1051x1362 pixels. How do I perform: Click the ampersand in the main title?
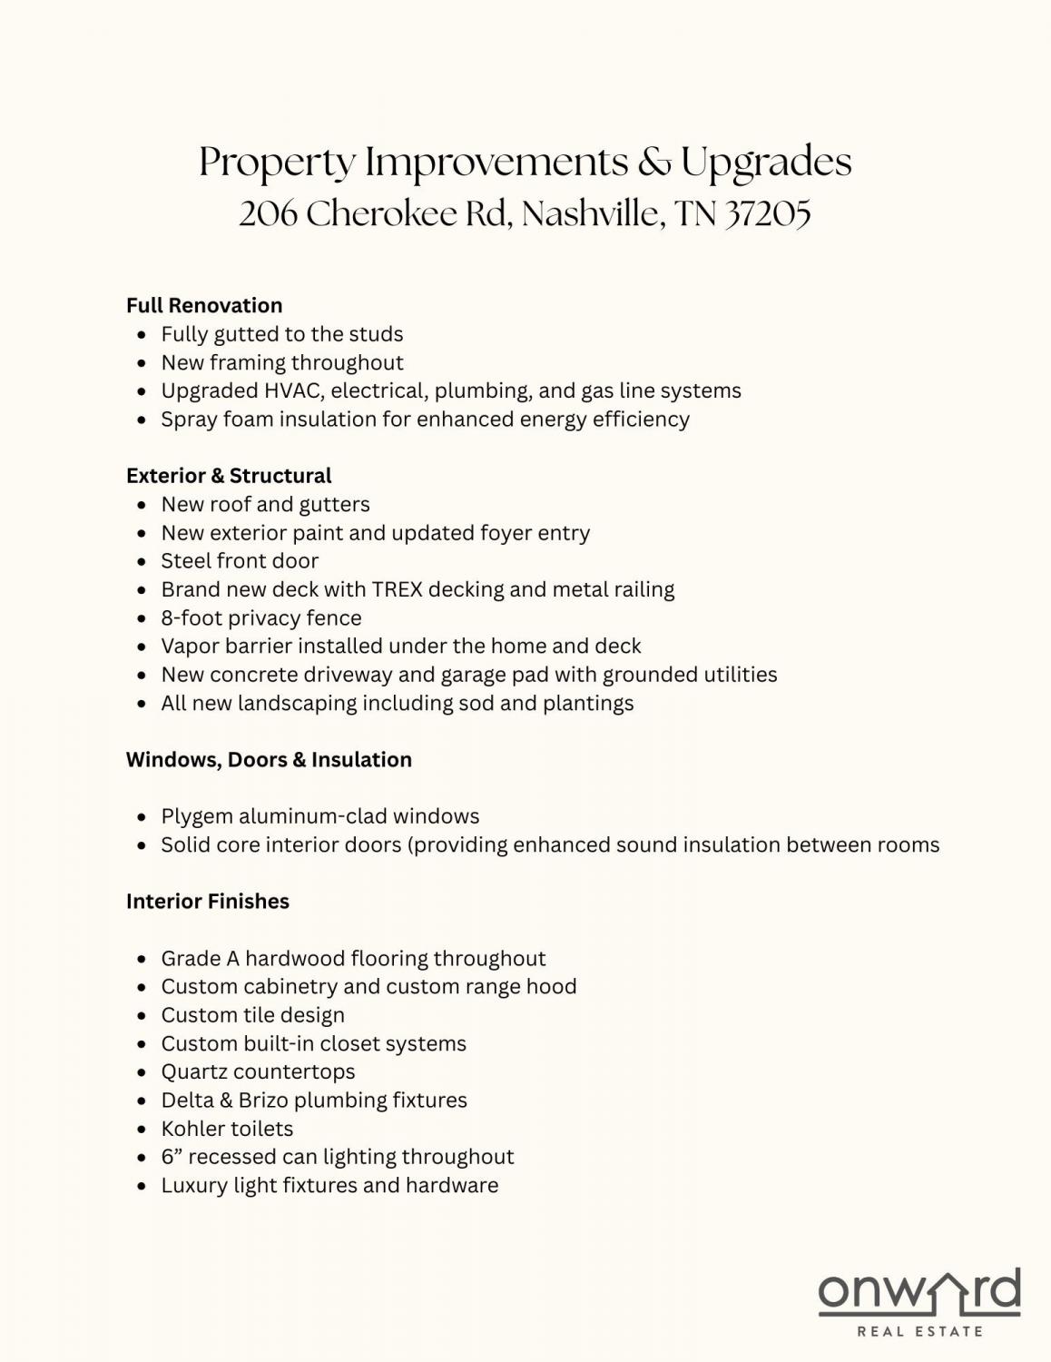coord(652,163)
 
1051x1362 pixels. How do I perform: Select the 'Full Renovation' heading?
coord(204,305)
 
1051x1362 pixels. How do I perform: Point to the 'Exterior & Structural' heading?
coord(229,476)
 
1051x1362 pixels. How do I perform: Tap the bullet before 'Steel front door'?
coord(142,562)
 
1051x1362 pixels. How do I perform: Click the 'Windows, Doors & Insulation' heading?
coord(269,760)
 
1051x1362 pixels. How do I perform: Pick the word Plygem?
coord(197,816)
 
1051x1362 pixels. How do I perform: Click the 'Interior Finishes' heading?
coord(208,902)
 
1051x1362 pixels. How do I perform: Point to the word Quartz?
coord(194,1072)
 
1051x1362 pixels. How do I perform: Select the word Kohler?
coord(192,1129)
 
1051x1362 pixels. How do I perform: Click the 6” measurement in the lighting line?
coord(172,1157)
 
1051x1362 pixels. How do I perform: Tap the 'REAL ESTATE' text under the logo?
coord(919,1331)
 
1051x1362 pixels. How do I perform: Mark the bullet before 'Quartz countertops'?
coord(142,1073)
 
